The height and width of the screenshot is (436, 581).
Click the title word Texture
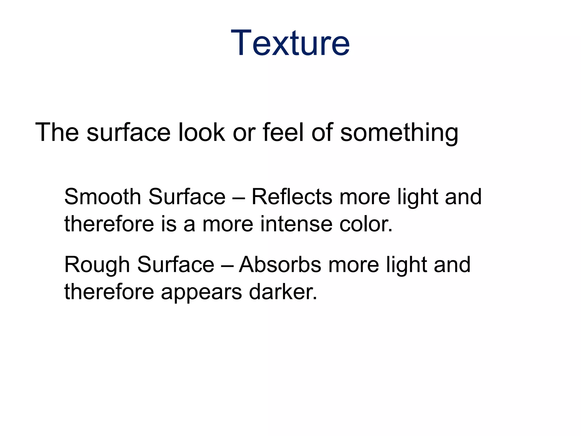tap(290, 43)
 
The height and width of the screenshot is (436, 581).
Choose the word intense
tap(296, 224)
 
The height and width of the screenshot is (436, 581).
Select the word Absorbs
tap(280, 265)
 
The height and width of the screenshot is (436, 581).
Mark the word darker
tap(283, 292)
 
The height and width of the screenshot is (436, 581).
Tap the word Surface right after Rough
tap(176, 265)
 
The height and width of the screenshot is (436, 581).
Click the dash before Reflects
tap(238, 197)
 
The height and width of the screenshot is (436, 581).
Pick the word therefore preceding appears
tap(109, 292)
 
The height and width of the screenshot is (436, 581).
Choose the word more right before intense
tap(228, 224)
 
